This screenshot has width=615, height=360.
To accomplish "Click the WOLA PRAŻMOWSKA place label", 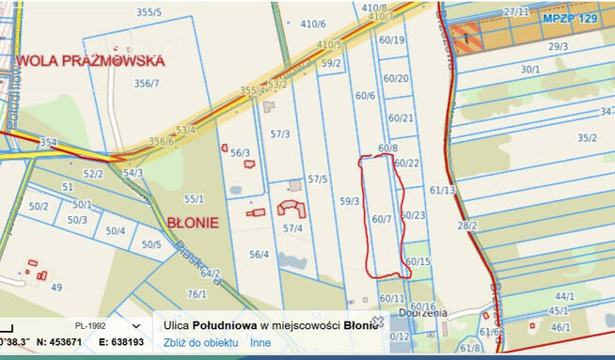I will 90,60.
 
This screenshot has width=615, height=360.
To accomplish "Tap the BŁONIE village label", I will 193,223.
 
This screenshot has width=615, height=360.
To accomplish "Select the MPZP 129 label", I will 568,19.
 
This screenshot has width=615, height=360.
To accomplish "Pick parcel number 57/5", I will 317,179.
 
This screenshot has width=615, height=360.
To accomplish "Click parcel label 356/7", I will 147,83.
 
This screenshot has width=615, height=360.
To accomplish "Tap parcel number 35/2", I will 587,138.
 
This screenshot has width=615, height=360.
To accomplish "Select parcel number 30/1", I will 530,69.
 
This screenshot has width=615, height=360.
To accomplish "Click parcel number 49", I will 56,287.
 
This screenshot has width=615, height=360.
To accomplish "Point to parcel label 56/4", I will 259,254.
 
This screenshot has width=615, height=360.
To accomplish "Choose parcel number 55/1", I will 194,198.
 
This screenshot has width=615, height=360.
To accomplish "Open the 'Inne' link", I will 260,342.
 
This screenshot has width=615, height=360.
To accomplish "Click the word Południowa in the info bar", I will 222,324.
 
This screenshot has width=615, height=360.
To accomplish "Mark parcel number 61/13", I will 442,190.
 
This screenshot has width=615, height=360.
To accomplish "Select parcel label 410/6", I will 313,23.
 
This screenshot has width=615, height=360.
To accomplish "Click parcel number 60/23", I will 413,215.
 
